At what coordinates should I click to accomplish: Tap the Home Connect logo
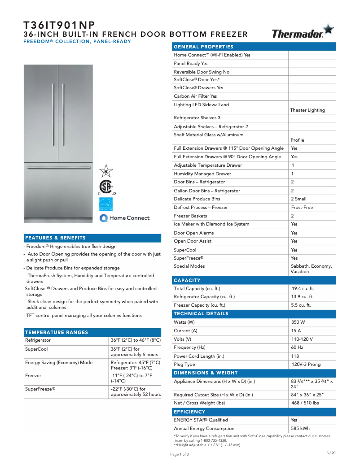pyautogui.click(x=124, y=218)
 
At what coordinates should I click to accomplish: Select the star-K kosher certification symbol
pyautogui.click(x=106, y=171)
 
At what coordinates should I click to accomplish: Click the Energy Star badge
pyautogui.click(x=105, y=204)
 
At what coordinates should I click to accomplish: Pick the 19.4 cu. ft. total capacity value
pyautogui.click(x=303, y=289)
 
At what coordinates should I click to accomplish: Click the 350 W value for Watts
pyautogui.click(x=298, y=322)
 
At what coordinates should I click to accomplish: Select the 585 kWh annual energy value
pyautogui.click(x=300, y=429)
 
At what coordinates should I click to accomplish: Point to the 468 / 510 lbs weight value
pyautogui.click(x=305, y=403)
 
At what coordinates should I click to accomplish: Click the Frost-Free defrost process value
pyautogui.click(x=302, y=208)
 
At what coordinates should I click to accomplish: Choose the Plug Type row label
pyautogui.click(x=184, y=365)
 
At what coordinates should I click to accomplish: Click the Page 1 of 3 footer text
pyautogui.click(x=180, y=454)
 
